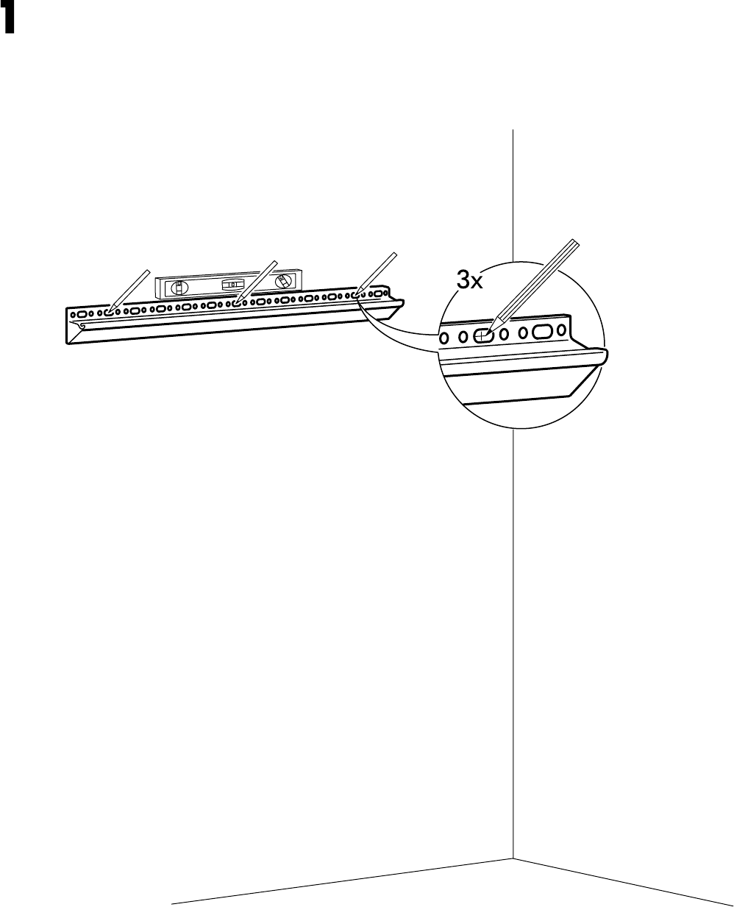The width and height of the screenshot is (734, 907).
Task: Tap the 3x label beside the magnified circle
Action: (x=469, y=280)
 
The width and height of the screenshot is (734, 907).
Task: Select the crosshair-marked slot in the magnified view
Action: (x=482, y=336)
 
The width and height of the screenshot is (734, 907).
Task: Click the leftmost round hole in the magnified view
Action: (x=443, y=338)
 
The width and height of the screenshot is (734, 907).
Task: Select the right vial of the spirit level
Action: (x=282, y=281)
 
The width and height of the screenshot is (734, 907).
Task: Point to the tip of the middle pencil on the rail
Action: (x=235, y=302)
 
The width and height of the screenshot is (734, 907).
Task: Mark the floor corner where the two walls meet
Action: (x=513, y=858)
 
